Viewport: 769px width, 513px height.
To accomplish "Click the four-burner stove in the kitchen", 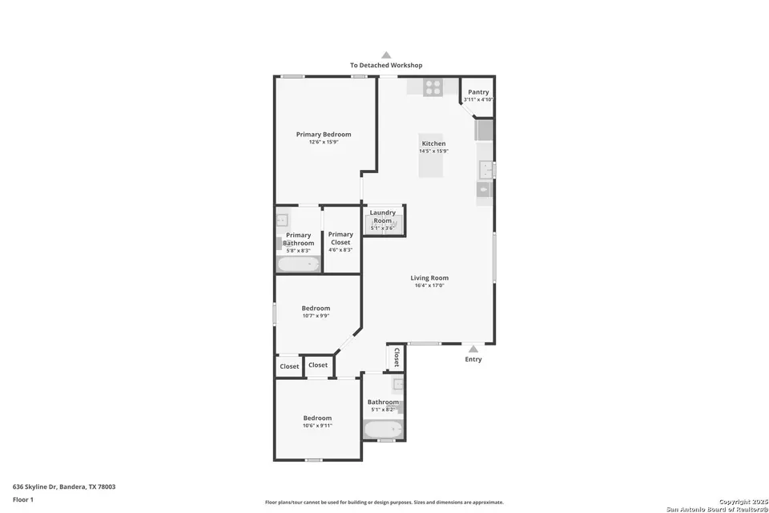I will pyautogui.click(x=433, y=87).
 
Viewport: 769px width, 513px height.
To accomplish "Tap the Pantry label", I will pyautogui.click(x=478, y=92).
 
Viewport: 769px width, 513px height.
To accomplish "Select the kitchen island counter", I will pyautogui.click(x=430, y=156).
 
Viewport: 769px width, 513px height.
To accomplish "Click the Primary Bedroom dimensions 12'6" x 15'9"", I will pyautogui.click(x=324, y=142).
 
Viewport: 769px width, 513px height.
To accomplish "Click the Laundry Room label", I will pyautogui.click(x=382, y=216).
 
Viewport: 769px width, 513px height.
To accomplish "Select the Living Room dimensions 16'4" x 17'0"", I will pyautogui.click(x=429, y=285).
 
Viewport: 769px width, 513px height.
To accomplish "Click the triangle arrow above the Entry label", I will pyautogui.click(x=473, y=349).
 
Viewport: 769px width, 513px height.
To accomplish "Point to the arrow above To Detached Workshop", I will pyautogui.click(x=386, y=55).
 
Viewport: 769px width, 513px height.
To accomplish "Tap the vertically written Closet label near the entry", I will pyautogui.click(x=396, y=357).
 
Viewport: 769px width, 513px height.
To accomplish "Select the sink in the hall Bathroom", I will pyautogui.click(x=398, y=384).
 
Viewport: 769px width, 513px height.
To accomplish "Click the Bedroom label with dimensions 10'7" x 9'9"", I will pyautogui.click(x=316, y=309).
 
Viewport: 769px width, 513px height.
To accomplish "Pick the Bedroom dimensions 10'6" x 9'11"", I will pyautogui.click(x=317, y=426).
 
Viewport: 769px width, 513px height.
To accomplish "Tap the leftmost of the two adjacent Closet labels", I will pyautogui.click(x=289, y=366).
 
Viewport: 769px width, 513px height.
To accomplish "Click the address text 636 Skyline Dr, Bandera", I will pyautogui.click(x=64, y=487).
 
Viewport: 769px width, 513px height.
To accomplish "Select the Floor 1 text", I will pyautogui.click(x=24, y=499).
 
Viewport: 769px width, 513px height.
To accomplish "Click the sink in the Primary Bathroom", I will pyautogui.click(x=282, y=219).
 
